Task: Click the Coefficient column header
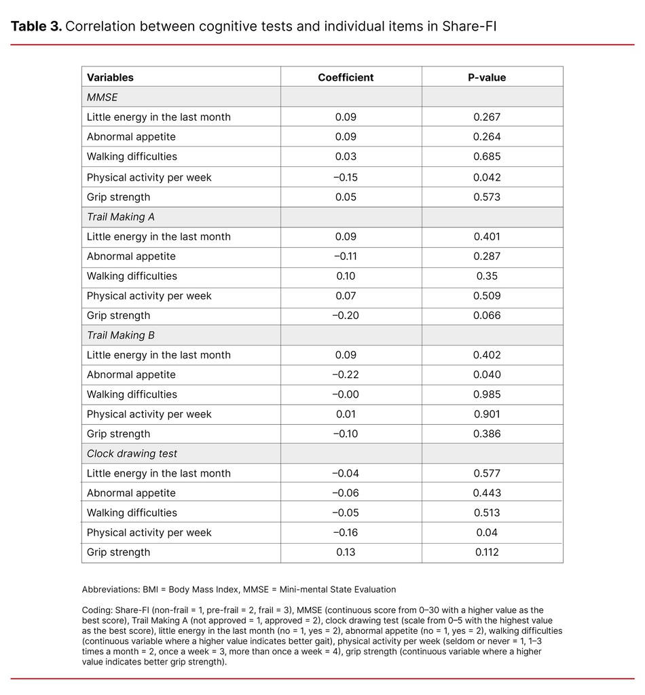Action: (346, 77)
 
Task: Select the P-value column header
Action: (487, 77)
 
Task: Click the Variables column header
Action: (110, 77)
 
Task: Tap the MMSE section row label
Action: (102, 97)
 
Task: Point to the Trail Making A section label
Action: (115, 217)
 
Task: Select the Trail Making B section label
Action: (115, 335)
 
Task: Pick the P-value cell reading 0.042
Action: (487, 177)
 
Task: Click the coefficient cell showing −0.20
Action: (346, 316)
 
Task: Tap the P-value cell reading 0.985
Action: (487, 394)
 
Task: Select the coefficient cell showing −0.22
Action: (346, 375)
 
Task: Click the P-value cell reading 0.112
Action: (487, 552)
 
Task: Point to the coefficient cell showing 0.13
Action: (346, 552)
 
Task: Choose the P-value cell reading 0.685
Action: (487, 156)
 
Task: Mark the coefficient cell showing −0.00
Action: (346, 394)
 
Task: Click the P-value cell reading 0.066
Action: (487, 316)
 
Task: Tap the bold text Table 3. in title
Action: (37, 26)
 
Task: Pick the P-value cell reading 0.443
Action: (487, 493)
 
